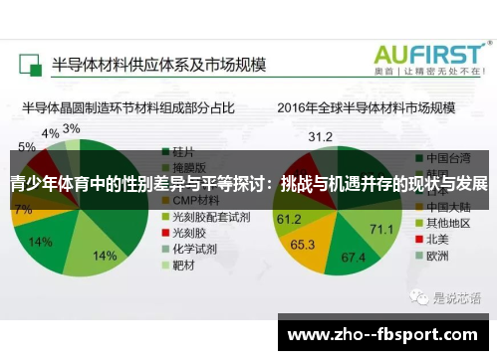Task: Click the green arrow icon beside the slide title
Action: [x=30, y=65]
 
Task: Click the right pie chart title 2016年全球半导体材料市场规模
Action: [x=366, y=106]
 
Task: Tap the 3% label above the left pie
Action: [x=71, y=129]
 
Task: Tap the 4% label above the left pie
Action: [x=49, y=133]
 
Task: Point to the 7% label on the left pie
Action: [x=23, y=210]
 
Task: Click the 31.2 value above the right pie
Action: [x=320, y=136]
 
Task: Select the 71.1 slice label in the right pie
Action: [x=381, y=230]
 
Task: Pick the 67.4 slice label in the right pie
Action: [x=354, y=258]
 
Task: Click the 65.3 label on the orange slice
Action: [x=302, y=243]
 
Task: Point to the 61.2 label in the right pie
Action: [x=289, y=219]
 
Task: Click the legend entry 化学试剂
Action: [x=193, y=250]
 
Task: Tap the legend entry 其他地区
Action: [x=442, y=222]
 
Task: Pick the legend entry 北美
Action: [x=436, y=239]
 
